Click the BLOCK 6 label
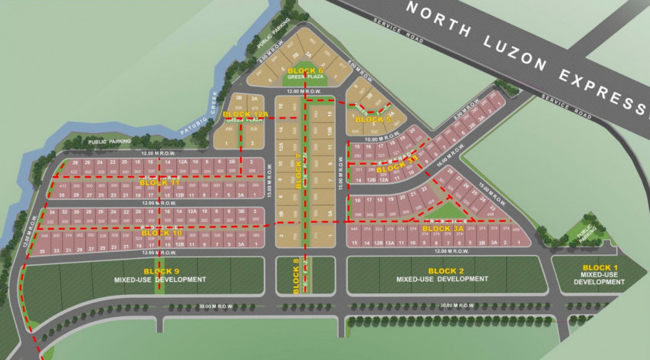point(306,70)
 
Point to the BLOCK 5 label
point(374,119)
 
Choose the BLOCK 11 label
point(159,183)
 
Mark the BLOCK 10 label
point(162,232)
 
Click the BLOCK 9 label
point(161,271)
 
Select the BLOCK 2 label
point(446,271)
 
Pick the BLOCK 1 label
point(599,267)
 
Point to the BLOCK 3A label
point(443,228)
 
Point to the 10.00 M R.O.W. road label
point(383,139)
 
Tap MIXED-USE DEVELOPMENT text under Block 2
point(442,280)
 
